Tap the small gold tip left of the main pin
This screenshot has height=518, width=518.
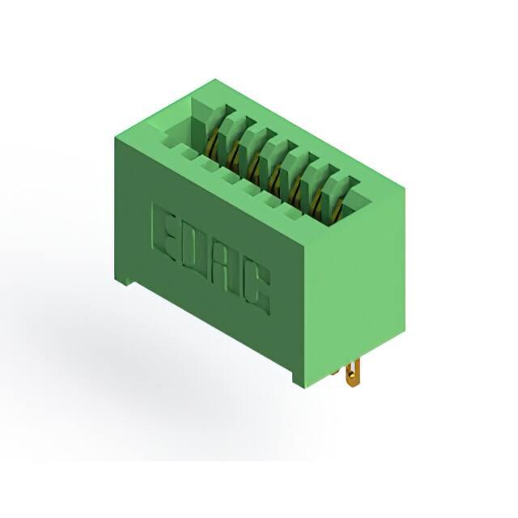[335, 372]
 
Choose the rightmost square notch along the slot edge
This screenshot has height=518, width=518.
[291, 215]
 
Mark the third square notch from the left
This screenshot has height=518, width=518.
[229, 177]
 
